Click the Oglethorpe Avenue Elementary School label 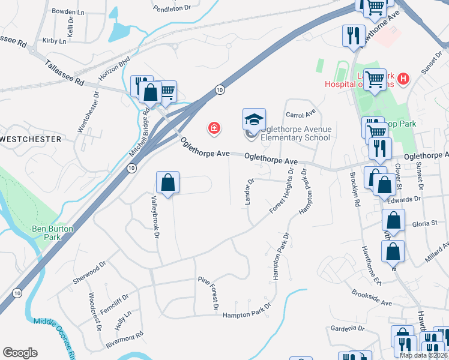pyautogui.click(x=296, y=133)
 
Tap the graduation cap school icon pyautogui.click(x=254, y=119)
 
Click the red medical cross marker pyautogui.click(x=213, y=127)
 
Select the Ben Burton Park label pyautogui.click(x=53, y=233)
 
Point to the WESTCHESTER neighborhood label pyautogui.click(x=31, y=139)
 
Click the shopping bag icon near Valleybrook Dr pyautogui.click(x=168, y=182)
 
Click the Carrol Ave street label pyautogui.click(x=301, y=114)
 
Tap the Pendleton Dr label pyautogui.click(x=172, y=8)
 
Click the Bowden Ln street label pyautogui.click(x=68, y=11)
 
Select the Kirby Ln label pyautogui.click(x=55, y=40)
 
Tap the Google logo pyautogui.click(x=20, y=353)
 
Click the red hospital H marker pyautogui.click(x=403, y=78)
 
